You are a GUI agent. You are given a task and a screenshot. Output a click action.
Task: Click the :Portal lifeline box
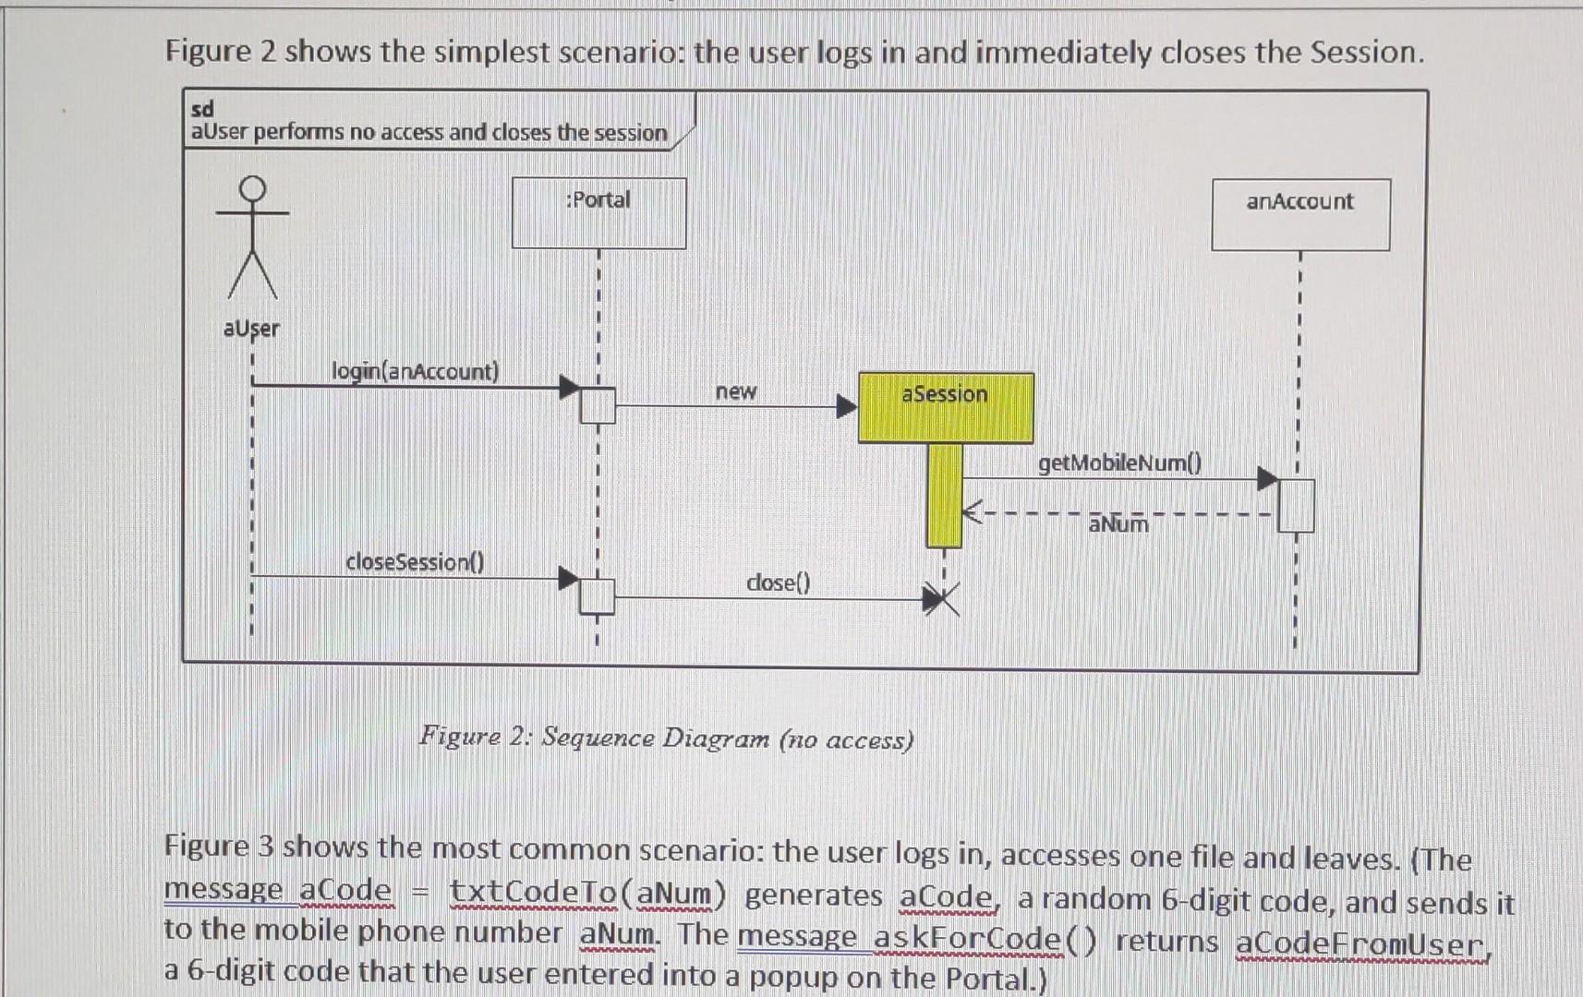598,212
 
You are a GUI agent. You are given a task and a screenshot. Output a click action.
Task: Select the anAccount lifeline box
1299,214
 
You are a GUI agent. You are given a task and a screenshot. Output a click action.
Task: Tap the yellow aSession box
945,407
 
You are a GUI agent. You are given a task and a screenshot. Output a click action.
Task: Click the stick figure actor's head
252,188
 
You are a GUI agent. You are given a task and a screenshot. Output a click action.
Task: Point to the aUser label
251,329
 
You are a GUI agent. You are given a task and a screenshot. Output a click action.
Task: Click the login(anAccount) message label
415,371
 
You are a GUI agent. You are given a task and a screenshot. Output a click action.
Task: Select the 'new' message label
736,391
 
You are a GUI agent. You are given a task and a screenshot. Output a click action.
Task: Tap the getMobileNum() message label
1119,462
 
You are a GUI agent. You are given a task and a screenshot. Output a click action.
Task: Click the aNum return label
1118,524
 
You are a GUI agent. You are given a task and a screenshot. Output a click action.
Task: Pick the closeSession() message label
415,561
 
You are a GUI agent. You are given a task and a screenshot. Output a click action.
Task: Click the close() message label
778,583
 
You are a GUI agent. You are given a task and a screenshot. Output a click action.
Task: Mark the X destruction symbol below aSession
942,600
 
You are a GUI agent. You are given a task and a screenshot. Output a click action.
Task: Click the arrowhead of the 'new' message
846,406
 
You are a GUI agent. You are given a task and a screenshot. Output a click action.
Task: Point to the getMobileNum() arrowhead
1267,479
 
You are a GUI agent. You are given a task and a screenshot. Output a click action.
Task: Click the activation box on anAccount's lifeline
1296,506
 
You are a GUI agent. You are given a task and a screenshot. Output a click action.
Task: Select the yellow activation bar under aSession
944,495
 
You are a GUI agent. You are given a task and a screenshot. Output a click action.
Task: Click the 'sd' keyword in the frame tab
202,109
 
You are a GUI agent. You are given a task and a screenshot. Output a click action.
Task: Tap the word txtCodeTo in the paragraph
533,893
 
